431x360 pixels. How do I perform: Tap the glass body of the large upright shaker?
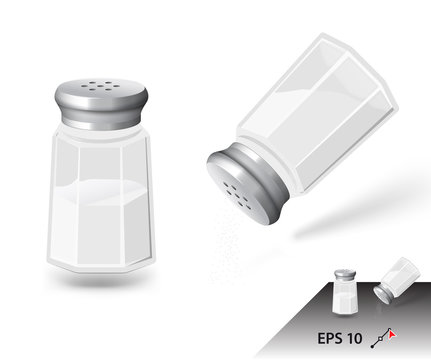100,200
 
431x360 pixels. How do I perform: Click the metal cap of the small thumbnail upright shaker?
342,275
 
